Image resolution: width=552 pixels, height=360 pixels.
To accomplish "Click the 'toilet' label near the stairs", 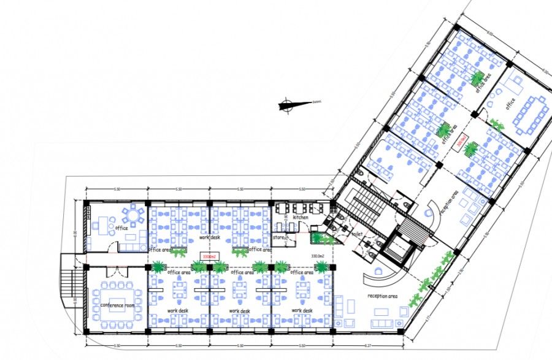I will click(x=358, y=234).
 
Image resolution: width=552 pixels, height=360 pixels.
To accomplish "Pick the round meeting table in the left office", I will click(x=133, y=215).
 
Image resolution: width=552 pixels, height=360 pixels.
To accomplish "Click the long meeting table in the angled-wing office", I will click(x=528, y=116).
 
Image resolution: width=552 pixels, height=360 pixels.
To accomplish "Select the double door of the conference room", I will click(x=115, y=269).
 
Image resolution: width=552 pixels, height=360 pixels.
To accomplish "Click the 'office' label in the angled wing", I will click(x=509, y=104).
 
